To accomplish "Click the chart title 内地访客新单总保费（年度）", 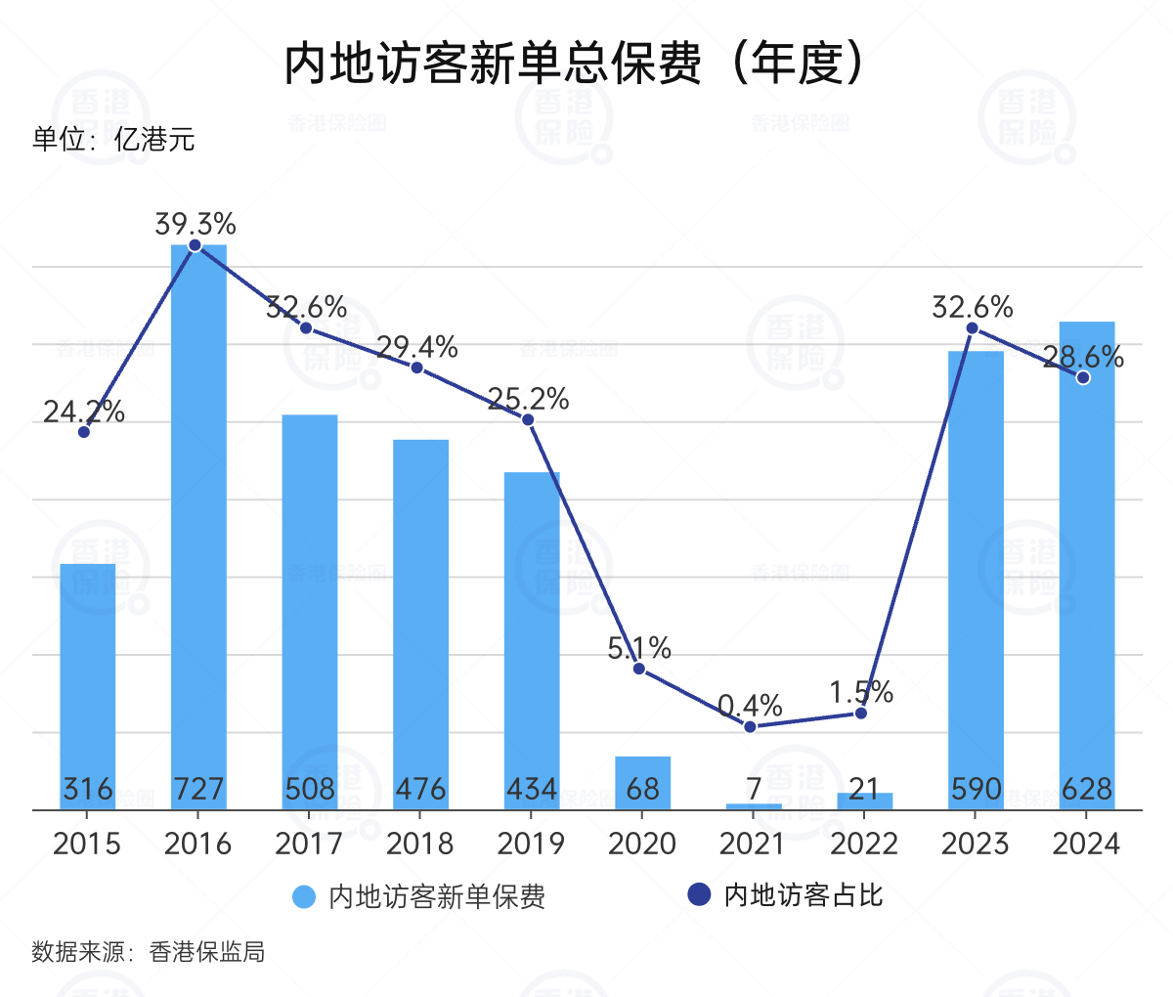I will tap(575, 65).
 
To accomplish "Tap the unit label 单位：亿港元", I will tap(113, 140).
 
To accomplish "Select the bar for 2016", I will tap(198, 528).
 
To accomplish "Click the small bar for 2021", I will tap(754, 806).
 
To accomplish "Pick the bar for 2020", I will tap(643, 782).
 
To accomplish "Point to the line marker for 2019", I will tap(528, 420).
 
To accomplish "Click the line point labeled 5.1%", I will tap(639, 669).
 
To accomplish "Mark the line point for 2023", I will tap(972, 328).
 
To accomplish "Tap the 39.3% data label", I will tap(195, 224).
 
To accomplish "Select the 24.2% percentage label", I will tap(84, 412).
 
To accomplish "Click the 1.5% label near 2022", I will tap(861, 692).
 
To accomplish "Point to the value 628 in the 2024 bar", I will tap(1087, 789).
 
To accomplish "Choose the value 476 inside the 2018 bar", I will tap(421, 789).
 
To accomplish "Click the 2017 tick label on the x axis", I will tap(309, 844).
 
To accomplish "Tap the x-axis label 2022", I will tap(864, 844).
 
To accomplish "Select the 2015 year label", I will tap(87, 844).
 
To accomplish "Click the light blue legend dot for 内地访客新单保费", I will tap(305, 896).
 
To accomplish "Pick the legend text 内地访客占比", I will tap(804, 895).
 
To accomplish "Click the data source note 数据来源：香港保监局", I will tap(149, 952).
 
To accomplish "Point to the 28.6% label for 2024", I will tap(1082, 357).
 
